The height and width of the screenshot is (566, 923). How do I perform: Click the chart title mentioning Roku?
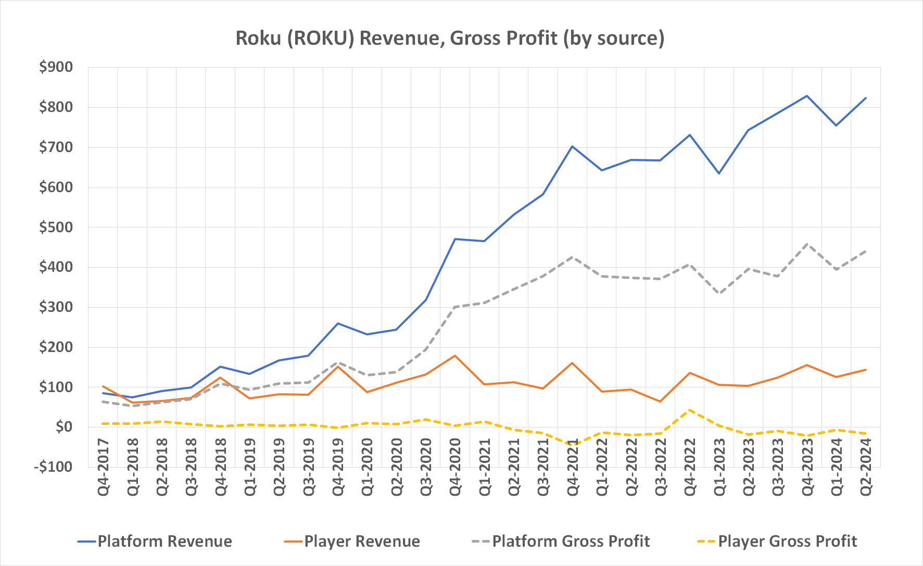click(450, 38)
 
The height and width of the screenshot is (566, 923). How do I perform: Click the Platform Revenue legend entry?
click(155, 542)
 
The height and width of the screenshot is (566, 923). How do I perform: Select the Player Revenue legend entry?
click(352, 542)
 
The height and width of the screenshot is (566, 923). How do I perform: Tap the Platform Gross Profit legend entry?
click(560, 542)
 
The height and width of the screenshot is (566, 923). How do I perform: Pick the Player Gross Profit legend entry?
click(777, 542)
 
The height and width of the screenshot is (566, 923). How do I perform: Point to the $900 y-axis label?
click(56, 67)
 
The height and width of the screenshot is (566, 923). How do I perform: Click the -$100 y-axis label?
click(53, 467)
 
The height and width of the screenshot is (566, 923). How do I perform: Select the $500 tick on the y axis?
click(56, 227)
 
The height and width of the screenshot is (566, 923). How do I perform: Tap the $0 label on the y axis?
click(64, 427)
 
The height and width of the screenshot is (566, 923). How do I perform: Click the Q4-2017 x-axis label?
click(103, 467)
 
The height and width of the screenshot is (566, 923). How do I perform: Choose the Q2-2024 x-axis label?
click(866, 467)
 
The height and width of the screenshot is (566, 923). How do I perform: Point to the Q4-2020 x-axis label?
click(455, 467)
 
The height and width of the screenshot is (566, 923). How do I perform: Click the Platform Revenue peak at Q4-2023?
click(807, 96)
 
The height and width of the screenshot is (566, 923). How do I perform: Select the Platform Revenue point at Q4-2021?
click(572, 146)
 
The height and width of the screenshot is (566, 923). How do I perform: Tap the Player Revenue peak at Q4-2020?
click(455, 356)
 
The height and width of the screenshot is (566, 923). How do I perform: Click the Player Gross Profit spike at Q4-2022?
click(690, 410)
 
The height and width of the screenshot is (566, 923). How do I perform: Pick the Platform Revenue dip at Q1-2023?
click(719, 173)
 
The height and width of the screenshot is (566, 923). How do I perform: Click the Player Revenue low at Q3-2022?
click(660, 401)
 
